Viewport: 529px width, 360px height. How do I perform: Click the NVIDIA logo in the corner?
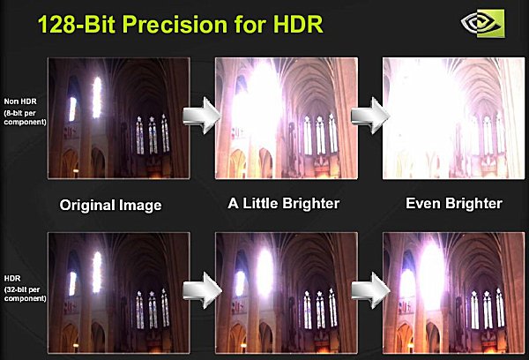tap(483, 23)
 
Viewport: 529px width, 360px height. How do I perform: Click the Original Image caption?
tap(111, 205)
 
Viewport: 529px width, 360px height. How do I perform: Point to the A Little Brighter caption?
tap(284, 203)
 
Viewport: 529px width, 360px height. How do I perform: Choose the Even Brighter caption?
tap(454, 203)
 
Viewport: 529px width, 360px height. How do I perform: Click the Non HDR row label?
tap(20, 101)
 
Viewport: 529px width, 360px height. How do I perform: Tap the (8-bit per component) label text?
tap(25, 117)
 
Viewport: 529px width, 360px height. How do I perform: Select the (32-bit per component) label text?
tap(25, 294)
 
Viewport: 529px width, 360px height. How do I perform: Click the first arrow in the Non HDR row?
tap(202, 116)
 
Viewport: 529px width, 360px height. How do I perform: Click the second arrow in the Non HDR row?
tap(370, 116)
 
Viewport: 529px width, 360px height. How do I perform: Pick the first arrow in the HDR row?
tap(202, 290)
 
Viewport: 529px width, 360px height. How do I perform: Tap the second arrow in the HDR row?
tap(370, 290)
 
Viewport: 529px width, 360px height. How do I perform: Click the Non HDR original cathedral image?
tap(119, 118)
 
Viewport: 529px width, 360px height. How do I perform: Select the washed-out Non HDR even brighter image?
tap(454, 118)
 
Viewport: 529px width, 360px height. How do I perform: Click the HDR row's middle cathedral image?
tap(287, 293)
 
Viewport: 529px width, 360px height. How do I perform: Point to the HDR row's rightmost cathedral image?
tap(454, 293)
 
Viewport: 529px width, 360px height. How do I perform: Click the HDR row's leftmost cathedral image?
tap(119, 293)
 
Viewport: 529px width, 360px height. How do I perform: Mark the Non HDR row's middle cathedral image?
tap(287, 118)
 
